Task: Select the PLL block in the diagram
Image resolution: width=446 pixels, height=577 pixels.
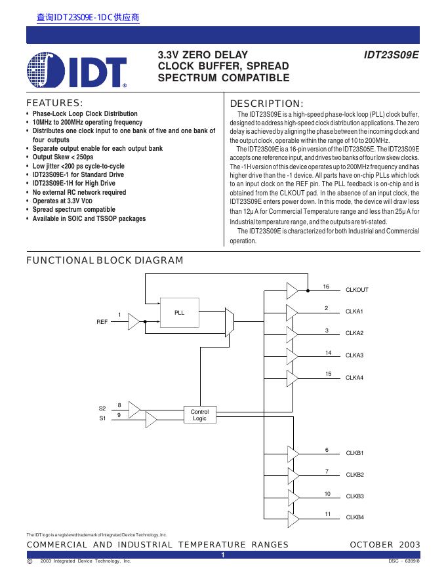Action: pyautogui.click(x=180, y=313)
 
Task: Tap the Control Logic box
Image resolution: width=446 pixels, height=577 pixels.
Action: pyautogui.click(x=199, y=415)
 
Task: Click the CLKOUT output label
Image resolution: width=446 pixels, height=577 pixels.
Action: pyautogui.click(x=357, y=290)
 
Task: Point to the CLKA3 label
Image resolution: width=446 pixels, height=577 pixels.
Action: pyautogui.click(x=354, y=355)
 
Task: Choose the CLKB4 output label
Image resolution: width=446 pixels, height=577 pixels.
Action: pyautogui.click(x=355, y=517)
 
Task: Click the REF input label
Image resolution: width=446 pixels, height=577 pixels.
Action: pyautogui.click(x=102, y=322)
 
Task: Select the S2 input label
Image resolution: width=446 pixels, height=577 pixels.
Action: pyautogui.click(x=102, y=408)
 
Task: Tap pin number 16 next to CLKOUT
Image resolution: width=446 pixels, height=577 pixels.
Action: pyautogui.click(x=326, y=287)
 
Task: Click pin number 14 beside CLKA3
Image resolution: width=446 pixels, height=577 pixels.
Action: pyautogui.click(x=327, y=353)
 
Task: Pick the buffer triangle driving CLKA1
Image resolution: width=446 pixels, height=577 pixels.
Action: pyautogui.click(x=292, y=312)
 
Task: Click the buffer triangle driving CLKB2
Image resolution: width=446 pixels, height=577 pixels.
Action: pyautogui.click(x=292, y=475)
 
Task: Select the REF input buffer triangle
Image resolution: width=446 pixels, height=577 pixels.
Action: pyautogui.click(x=134, y=322)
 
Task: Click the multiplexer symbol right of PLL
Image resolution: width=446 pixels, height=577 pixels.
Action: pyautogui.click(x=228, y=321)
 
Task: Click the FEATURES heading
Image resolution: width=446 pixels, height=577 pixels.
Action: pyautogui.click(x=54, y=103)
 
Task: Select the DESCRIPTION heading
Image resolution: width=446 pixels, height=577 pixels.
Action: pyautogui.click(x=267, y=104)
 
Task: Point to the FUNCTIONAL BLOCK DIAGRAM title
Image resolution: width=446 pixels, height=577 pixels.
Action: pyautogui.click(x=104, y=260)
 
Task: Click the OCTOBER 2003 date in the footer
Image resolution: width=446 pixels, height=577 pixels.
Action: pyautogui.click(x=385, y=545)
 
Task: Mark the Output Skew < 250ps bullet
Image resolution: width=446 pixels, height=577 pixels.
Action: pyautogui.click(x=63, y=157)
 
